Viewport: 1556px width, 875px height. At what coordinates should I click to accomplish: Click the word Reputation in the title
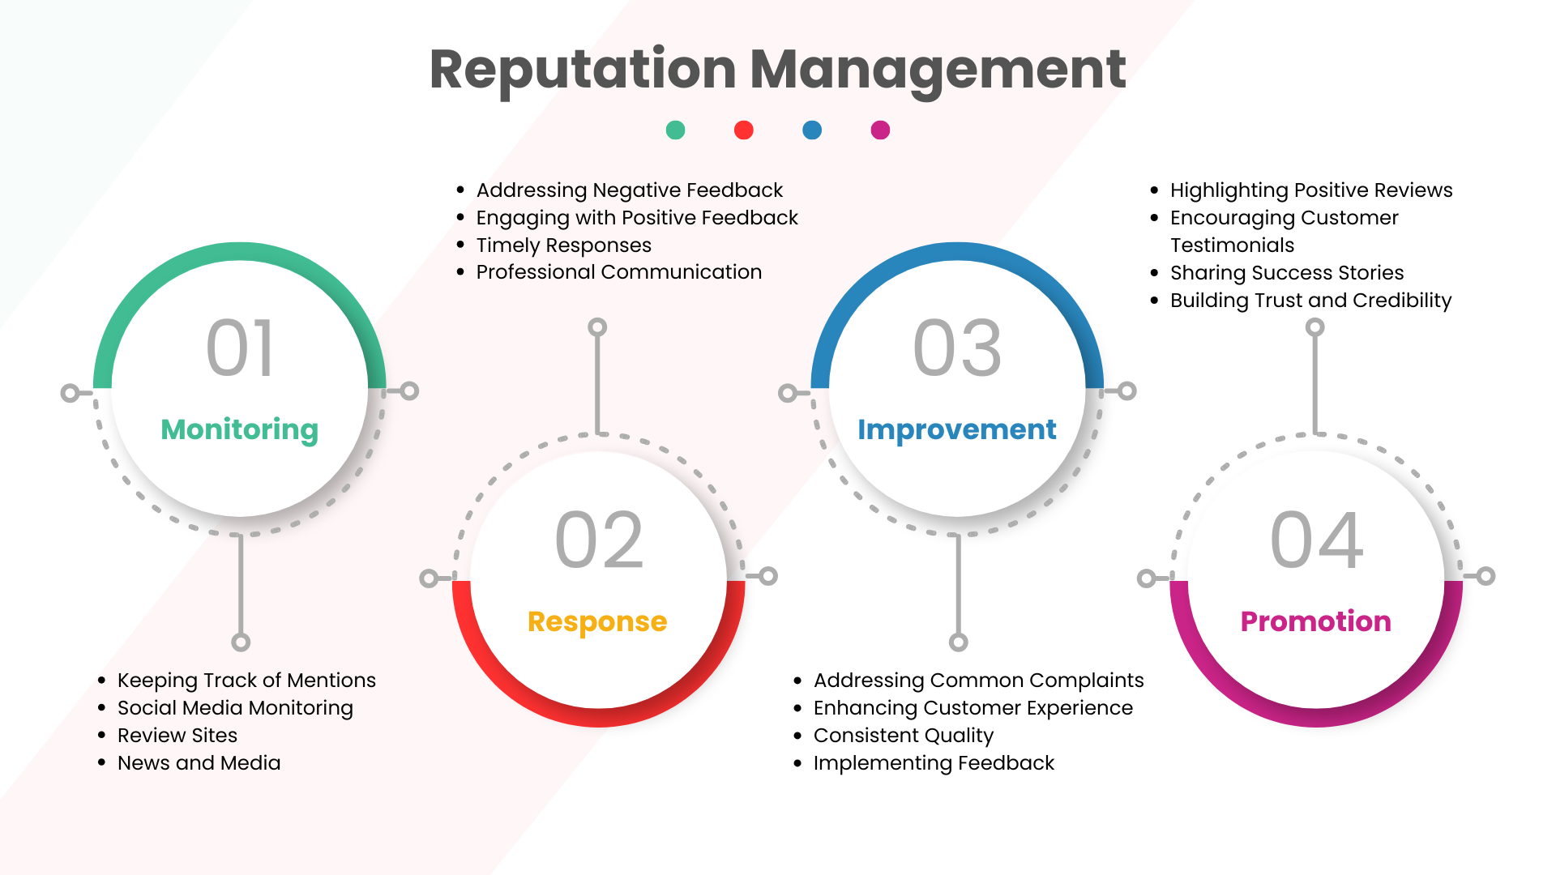click(583, 70)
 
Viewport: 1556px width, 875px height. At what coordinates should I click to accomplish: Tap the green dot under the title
click(675, 130)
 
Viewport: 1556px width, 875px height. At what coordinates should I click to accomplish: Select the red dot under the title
click(743, 130)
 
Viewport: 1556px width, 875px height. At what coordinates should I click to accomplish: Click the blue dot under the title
click(812, 130)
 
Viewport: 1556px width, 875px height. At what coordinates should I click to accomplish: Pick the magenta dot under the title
click(880, 130)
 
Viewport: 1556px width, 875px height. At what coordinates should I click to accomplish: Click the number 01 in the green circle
click(240, 348)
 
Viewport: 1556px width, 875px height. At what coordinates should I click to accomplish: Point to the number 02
click(599, 540)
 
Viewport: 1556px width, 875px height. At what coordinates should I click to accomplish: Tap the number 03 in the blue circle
click(957, 348)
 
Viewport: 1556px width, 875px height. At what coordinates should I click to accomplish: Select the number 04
click(1317, 540)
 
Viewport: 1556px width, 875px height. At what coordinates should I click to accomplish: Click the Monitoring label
click(240, 429)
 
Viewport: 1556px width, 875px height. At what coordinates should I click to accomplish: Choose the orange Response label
click(597, 621)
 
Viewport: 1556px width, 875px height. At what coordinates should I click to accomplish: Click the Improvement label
click(957, 429)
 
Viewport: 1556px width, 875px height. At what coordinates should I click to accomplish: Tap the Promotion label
click(1316, 621)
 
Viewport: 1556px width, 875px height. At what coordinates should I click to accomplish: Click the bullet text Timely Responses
click(564, 245)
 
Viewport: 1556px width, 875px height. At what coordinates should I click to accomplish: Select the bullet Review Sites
click(177, 736)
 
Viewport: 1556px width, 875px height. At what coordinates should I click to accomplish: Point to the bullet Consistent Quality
click(904, 736)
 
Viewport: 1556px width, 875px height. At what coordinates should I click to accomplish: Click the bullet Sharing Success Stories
click(1287, 273)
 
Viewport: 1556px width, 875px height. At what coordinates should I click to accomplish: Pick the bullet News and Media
click(199, 763)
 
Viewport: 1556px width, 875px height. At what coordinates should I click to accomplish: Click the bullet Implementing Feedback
click(934, 763)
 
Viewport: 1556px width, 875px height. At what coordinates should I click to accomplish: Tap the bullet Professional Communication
click(619, 272)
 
